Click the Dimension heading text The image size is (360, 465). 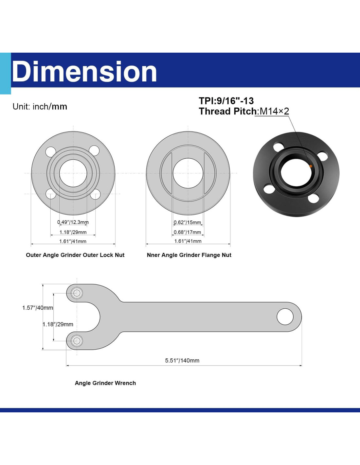click(84, 71)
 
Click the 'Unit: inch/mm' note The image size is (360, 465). click(40, 107)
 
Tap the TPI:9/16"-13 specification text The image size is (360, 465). click(226, 101)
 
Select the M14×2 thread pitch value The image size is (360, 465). click(274, 111)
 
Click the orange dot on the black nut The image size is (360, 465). click(311, 166)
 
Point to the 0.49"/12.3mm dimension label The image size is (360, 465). click(73, 222)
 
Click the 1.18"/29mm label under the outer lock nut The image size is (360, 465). click(73, 232)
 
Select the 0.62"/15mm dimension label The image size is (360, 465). click(188, 222)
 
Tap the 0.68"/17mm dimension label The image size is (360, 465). click(188, 232)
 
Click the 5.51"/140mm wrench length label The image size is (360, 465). click(182, 361)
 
